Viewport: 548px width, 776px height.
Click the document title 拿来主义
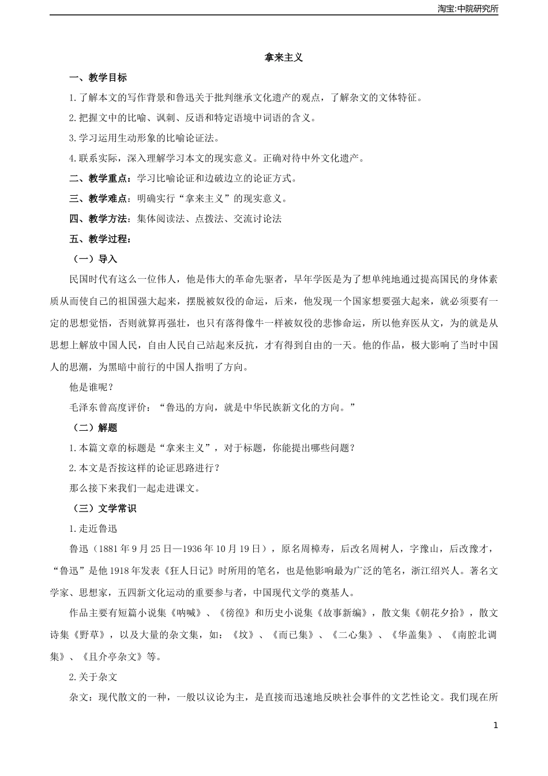pyautogui.click(x=283, y=58)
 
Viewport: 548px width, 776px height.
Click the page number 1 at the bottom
pyautogui.click(x=495, y=725)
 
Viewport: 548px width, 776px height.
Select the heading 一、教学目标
pyautogui.click(x=98, y=78)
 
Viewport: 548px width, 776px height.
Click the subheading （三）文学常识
pyautogui.click(x=103, y=509)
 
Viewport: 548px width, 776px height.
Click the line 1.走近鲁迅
pyautogui.click(x=93, y=529)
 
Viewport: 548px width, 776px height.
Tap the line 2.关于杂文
pyautogui.click(x=93, y=677)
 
